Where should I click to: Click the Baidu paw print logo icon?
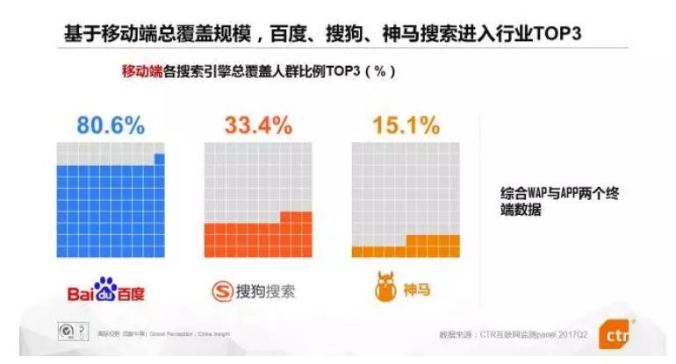coord(106,287)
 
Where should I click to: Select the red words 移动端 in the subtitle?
coord(141,73)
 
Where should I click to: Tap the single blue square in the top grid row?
coord(159,159)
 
